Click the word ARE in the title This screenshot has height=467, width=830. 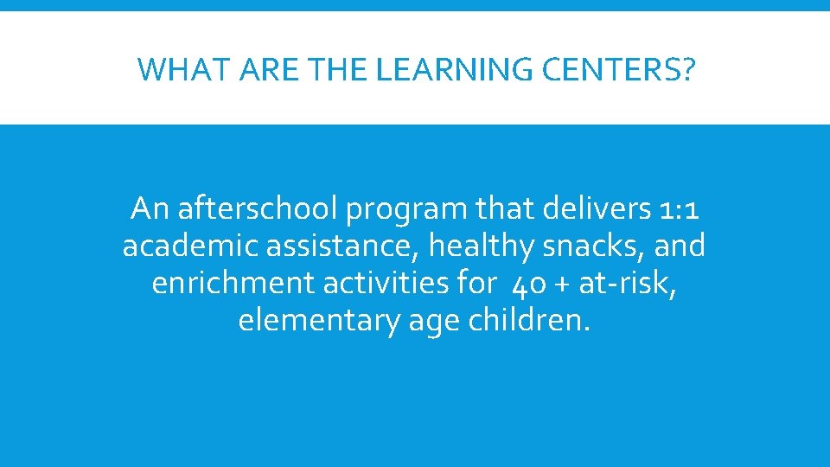pos(259,70)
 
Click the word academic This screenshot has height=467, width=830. pos(190,246)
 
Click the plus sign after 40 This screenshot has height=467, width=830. pos(563,285)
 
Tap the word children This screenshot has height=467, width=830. pos(530,321)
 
